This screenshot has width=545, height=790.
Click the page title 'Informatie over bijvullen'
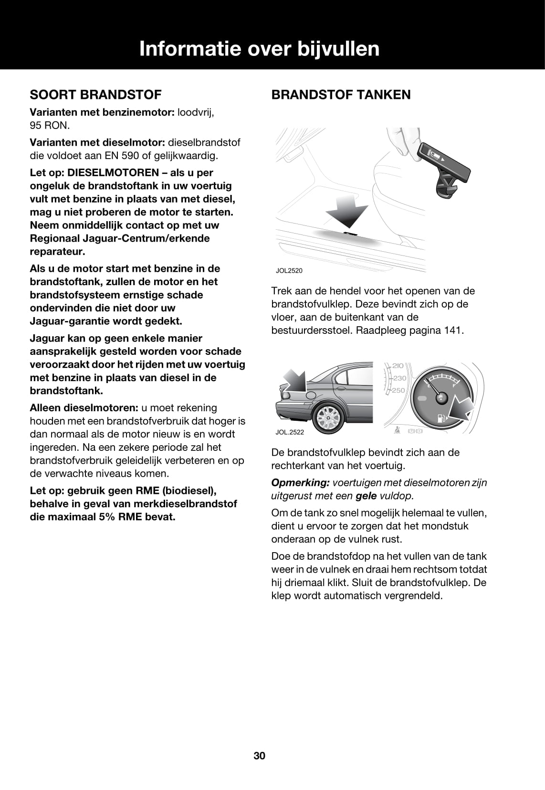tap(259, 49)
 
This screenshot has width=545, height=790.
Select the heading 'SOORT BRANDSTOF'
tap(95, 95)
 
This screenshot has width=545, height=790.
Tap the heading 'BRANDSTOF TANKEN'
tap(341, 95)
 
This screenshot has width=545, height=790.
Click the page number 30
tap(260, 756)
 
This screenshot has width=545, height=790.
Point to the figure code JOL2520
tap(289, 271)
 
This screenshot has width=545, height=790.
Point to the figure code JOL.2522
tap(289, 432)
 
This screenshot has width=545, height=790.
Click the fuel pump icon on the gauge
tap(442, 418)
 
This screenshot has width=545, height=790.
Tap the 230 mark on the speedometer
tap(399, 378)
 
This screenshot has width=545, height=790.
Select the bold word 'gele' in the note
tap(366, 496)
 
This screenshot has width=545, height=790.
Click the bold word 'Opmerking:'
tap(300, 482)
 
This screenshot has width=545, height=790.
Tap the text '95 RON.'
tap(50, 126)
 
